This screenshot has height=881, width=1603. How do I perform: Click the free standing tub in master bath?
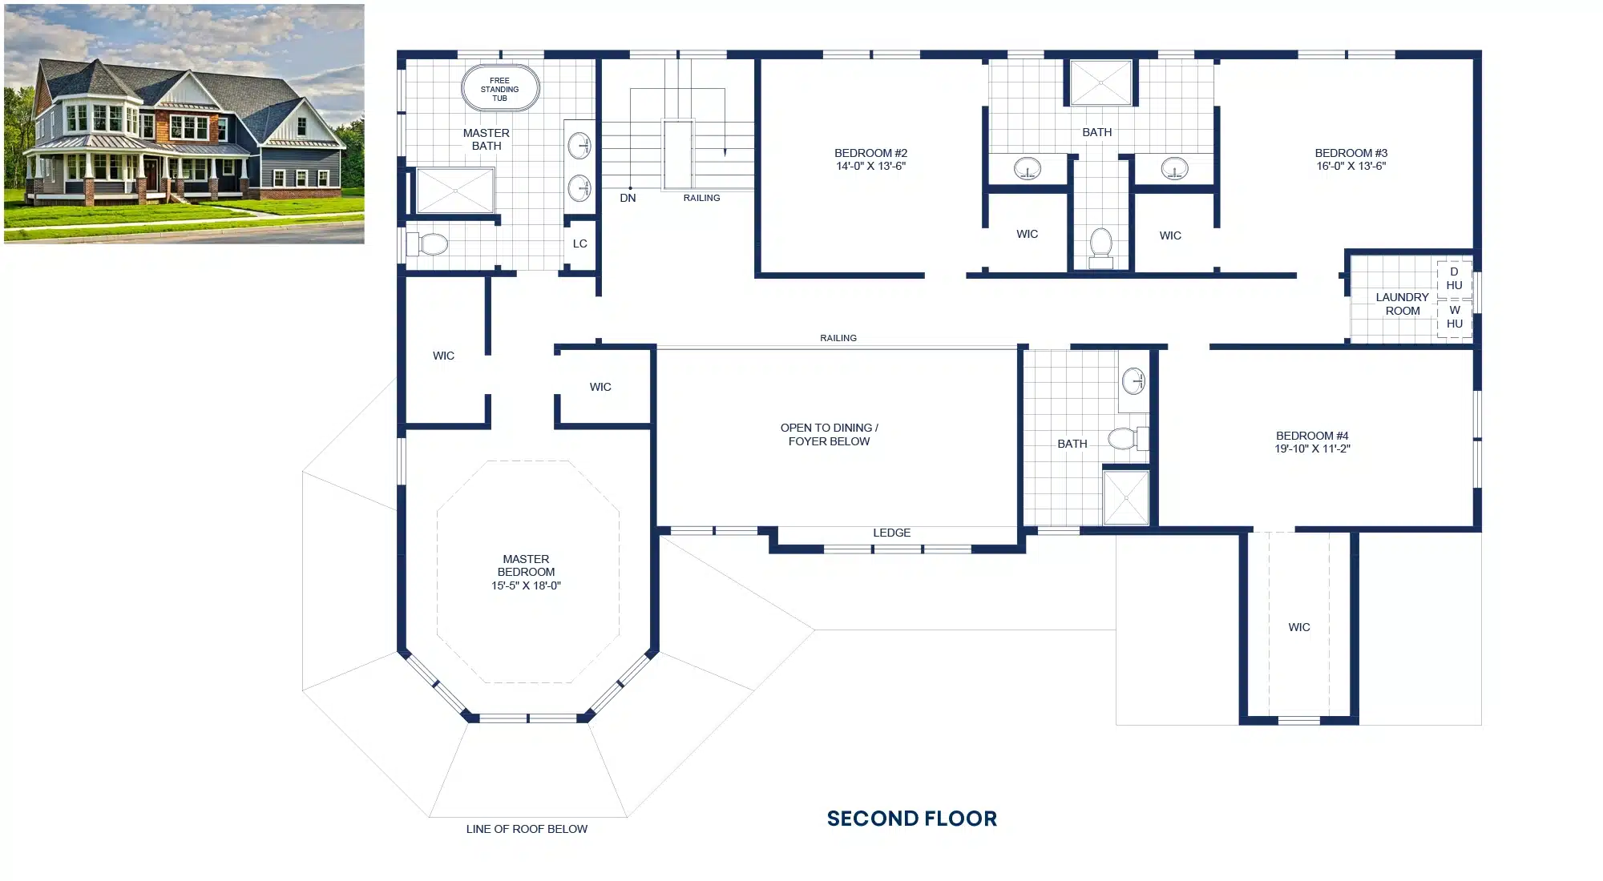click(500, 88)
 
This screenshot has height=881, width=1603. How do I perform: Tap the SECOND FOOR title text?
click(912, 819)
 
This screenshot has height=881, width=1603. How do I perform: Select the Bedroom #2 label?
click(870, 153)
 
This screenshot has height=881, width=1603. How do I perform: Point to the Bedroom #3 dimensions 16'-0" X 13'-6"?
click(1351, 167)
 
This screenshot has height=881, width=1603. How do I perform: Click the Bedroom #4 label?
click(1312, 436)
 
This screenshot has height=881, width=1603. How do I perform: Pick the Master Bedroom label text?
click(526, 565)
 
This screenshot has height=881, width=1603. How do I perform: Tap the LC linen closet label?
click(579, 243)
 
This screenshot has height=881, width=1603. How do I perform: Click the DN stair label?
click(628, 198)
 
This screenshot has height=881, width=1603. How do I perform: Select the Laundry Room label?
click(1403, 304)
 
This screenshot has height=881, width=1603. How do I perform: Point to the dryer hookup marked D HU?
click(1454, 279)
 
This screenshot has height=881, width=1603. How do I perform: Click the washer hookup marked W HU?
click(1454, 317)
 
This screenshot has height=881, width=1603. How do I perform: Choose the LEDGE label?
click(891, 533)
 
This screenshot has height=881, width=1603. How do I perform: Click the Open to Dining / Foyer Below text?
click(830, 434)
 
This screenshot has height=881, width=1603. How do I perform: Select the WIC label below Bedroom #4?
click(1299, 627)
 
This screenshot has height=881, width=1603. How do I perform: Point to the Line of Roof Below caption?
click(527, 829)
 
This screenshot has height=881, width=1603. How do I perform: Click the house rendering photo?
click(184, 123)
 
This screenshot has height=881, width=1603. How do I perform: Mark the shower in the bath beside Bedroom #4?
click(1126, 497)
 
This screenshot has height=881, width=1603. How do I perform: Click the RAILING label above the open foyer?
click(838, 338)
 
